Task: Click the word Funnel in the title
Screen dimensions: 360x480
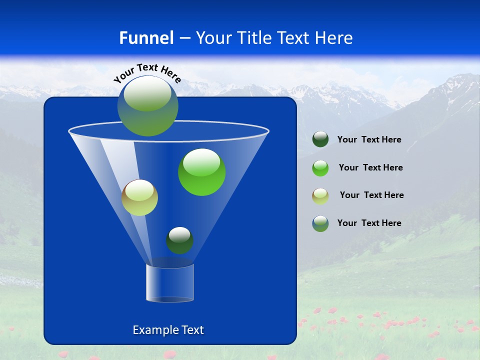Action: pyautogui.click(x=146, y=38)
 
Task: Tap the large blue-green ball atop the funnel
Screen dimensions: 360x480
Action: pyautogui.click(x=148, y=106)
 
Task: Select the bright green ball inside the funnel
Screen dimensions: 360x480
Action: pyautogui.click(x=201, y=172)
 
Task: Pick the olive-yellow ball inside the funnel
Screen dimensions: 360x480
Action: pyautogui.click(x=139, y=198)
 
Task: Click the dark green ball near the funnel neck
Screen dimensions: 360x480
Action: pyautogui.click(x=179, y=240)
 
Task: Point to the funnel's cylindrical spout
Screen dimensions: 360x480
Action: pyautogui.click(x=170, y=283)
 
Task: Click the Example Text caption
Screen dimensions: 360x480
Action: pyautogui.click(x=168, y=330)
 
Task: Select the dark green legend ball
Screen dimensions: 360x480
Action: pyautogui.click(x=320, y=139)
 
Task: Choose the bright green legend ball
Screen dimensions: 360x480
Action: pyautogui.click(x=320, y=168)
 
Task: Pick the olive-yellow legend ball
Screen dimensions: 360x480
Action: pyautogui.click(x=320, y=195)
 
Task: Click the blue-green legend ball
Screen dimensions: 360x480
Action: pyautogui.click(x=320, y=223)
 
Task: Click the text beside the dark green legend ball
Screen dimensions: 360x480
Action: pyautogui.click(x=369, y=140)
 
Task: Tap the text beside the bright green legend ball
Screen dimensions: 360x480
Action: pyautogui.click(x=370, y=168)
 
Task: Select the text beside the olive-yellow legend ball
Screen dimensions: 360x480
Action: pyautogui.click(x=371, y=195)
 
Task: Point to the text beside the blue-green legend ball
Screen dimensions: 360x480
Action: pyautogui.click(x=369, y=223)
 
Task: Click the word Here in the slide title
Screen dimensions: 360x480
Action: pyautogui.click(x=334, y=38)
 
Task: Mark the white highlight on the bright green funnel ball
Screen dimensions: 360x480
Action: pyautogui.click(x=201, y=161)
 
